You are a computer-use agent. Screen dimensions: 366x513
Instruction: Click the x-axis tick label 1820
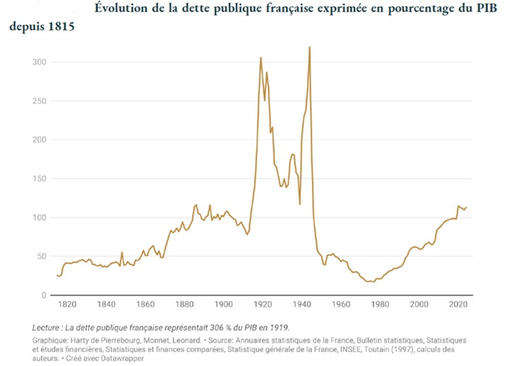67,305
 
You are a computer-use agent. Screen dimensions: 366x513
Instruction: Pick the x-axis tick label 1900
224,305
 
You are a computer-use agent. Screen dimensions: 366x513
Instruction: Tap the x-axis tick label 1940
302,305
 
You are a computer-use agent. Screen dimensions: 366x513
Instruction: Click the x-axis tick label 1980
380,305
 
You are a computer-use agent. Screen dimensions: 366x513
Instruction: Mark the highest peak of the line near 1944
310,47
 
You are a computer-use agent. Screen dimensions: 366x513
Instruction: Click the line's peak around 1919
261,58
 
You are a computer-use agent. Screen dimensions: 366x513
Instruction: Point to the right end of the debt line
467,207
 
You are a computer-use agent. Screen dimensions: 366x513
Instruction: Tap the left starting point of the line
57,275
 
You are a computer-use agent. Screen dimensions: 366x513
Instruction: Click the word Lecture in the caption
50,328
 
